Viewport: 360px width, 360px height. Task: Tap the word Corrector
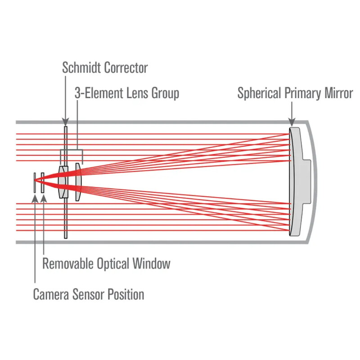(126, 68)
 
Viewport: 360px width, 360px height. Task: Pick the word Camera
(51, 295)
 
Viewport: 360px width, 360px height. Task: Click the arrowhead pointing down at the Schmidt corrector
(66, 122)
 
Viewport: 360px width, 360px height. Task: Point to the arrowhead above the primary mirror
(292, 122)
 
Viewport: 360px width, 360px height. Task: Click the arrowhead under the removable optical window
(43, 198)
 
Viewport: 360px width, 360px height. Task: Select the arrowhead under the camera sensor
(35, 198)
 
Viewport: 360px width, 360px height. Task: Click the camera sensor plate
(34, 182)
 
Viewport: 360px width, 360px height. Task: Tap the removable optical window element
(43, 182)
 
